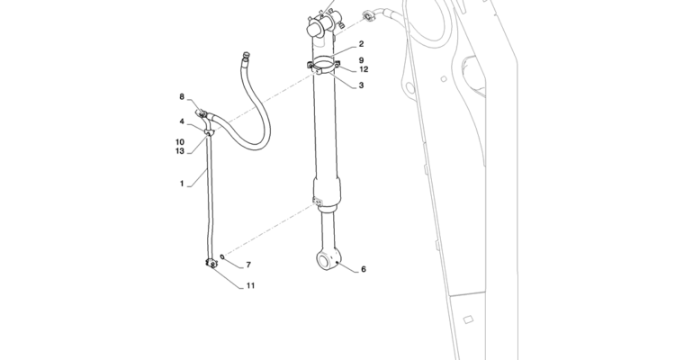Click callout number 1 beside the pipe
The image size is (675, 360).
click(x=182, y=184)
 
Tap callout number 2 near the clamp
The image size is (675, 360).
click(x=361, y=44)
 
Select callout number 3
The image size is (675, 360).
click(x=361, y=85)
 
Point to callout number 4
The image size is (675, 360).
click(x=182, y=121)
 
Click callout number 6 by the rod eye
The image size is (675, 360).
click(x=364, y=269)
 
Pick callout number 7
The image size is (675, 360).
click(x=248, y=265)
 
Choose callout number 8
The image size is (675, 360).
click(x=182, y=97)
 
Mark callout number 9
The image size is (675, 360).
click(x=361, y=60)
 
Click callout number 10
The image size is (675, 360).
click(x=180, y=142)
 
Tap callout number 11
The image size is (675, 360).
click(x=250, y=285)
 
